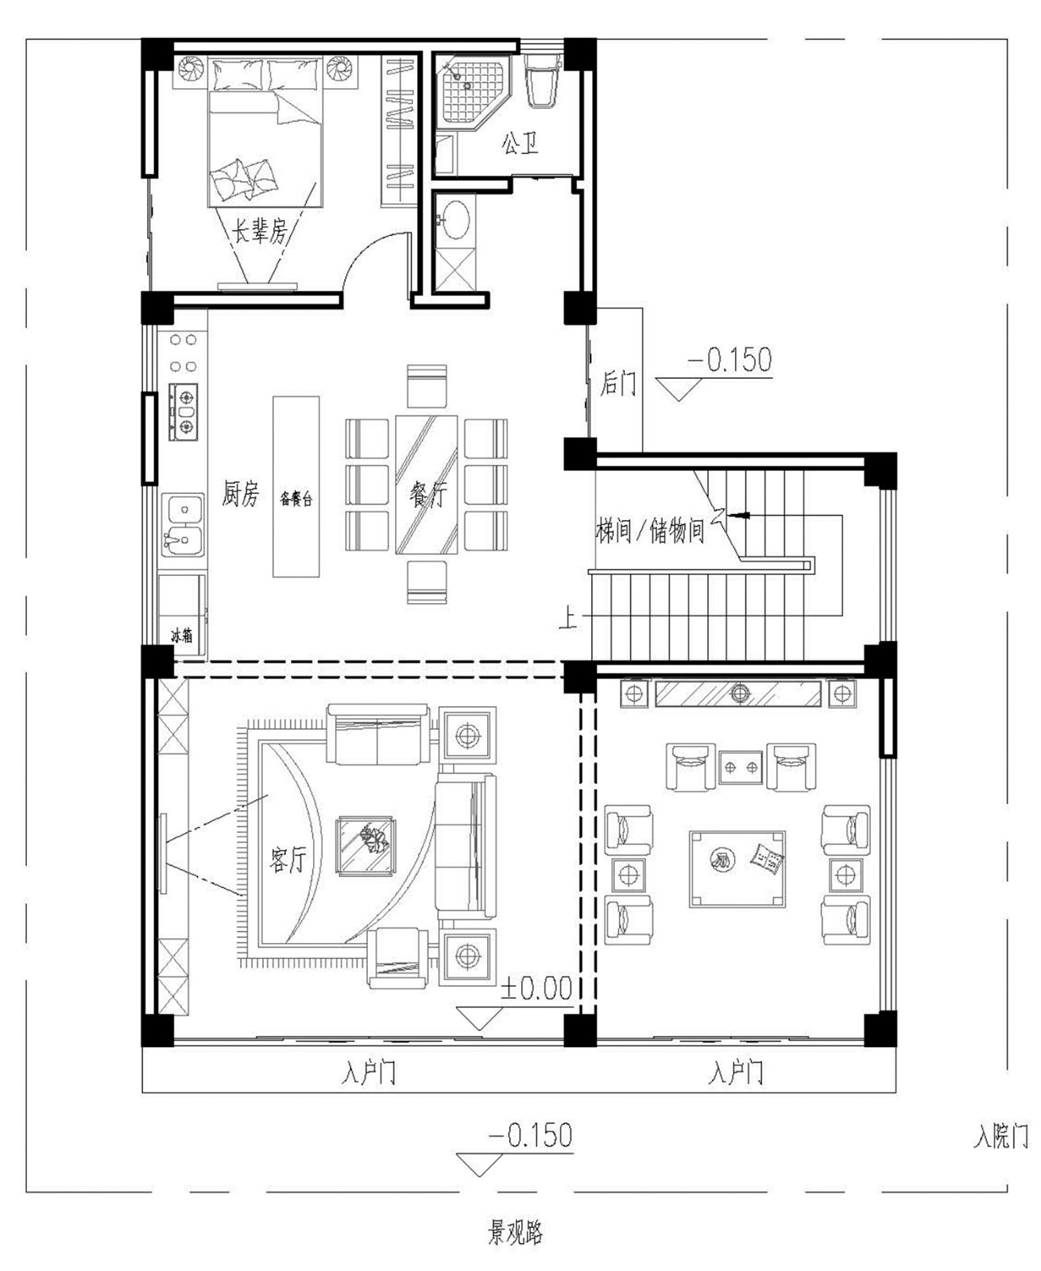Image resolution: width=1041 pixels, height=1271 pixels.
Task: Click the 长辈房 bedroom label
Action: click(261, 230)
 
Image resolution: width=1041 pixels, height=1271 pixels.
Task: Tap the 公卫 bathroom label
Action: click(520, 144)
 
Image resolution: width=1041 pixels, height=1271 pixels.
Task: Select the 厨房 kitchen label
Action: click(241, 494)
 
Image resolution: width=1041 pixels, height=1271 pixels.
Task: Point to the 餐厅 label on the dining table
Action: click(428, 496)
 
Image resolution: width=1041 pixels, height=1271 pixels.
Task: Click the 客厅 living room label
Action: click(288, 859)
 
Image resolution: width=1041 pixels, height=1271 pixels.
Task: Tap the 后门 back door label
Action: click(618, 383)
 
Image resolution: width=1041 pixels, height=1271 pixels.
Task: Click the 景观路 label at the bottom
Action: click(516, 1232)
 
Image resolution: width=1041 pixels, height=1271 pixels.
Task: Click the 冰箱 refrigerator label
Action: click(181, 635)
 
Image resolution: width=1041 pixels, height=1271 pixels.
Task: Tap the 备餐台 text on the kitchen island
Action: click(296, 498)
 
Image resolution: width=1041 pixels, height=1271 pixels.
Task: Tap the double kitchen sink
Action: click(184, 525)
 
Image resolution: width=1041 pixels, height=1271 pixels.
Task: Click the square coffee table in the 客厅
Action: click(366, 845)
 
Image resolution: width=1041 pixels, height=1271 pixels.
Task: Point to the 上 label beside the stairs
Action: click(567, 620)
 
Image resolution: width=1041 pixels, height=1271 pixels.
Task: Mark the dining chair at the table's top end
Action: click(427, 386)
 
